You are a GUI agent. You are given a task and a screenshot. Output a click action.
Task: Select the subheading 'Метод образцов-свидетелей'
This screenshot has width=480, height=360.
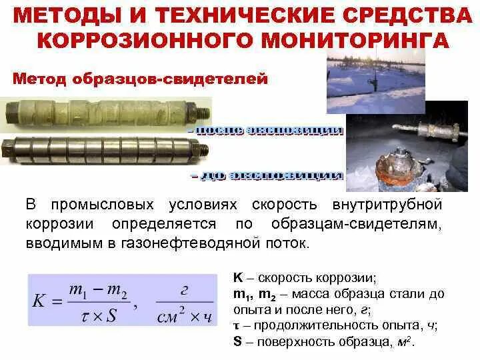pyautogui.click(x=141, y=79)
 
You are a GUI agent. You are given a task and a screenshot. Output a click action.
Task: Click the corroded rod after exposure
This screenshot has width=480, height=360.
pyautogui.click(x=100, y=110)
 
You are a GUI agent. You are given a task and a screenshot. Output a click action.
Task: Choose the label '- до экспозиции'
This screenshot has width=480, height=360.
pyautogui.click(x=267, y=177)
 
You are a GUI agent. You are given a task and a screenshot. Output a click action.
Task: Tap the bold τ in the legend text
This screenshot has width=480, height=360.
pyautogui.click(x=237, y=326)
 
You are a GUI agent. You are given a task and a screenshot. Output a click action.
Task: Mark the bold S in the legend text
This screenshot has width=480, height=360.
pyautogui.click(x=237, y=342)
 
